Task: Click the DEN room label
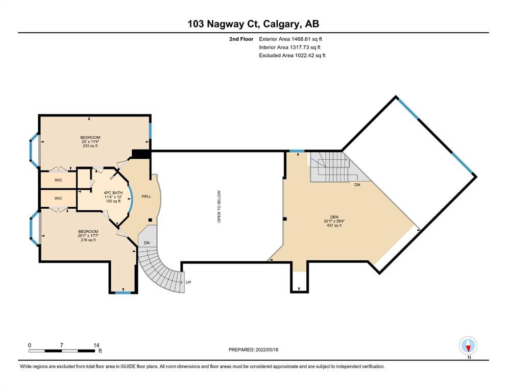334,217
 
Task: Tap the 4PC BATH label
113,193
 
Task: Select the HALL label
147,196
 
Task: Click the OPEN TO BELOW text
219,207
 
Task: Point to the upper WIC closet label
58,180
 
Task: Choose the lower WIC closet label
58,199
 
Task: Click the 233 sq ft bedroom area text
90,146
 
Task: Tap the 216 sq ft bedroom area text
88,240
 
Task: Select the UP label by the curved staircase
188,282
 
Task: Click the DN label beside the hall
147,242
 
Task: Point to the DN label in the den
357,185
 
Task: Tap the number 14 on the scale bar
96,345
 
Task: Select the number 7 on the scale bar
61,345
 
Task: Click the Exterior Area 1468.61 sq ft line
291,39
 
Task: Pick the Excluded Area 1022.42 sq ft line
292,55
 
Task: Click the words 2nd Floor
241,39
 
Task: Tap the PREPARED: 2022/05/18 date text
253,350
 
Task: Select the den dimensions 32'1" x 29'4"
334,221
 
